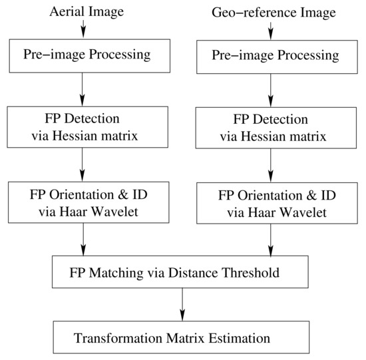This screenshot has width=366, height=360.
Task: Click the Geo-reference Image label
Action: click(x=271, y=13)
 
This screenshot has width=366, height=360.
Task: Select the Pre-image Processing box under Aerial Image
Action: click(x=83, y=54)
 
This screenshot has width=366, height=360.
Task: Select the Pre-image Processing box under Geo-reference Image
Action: click(x=271, y=55)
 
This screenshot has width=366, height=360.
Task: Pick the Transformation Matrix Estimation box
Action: click(x=181, y=338)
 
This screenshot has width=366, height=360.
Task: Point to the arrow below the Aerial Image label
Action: click(x=83, y=27)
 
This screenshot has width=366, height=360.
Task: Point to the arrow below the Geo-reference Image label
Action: click(x=271, y=29)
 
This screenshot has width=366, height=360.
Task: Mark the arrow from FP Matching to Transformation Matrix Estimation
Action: click(x=181, y=305)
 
